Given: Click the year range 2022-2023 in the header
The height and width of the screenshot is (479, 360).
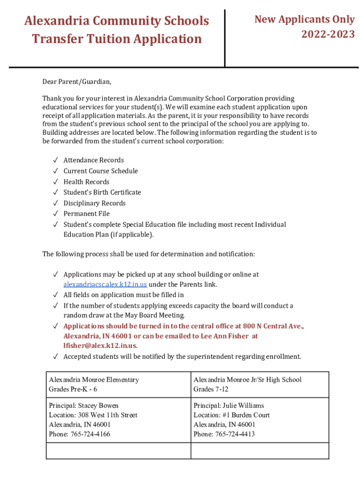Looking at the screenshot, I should click(x=328, y=34).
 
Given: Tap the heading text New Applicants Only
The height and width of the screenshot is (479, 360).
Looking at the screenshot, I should click(x=304, y=19).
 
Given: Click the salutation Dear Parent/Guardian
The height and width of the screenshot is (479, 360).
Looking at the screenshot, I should click(x=77, y=82).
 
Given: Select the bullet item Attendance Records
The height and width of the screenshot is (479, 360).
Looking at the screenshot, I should click(x=94, y=160).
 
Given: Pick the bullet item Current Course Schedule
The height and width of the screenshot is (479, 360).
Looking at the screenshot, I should click(x=101, y=171).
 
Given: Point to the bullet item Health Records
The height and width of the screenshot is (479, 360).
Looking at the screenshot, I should click(x=86, y=181).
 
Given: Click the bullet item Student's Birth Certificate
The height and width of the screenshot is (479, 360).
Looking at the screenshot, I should click(x=102, y=192).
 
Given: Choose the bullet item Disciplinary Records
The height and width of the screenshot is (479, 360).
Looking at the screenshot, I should click(x=94, y=203).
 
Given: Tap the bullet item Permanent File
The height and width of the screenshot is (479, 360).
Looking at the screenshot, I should click(x=86, y=214).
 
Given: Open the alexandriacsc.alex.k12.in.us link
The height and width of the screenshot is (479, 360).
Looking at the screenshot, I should click(x=105, y=284).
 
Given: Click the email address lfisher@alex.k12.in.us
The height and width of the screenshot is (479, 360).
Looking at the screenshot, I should click(x=101, y=346).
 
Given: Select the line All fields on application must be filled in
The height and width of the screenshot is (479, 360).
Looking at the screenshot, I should click(x=123, y=295).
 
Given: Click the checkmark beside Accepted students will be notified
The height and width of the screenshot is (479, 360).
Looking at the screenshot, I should click(x=55, y=356).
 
